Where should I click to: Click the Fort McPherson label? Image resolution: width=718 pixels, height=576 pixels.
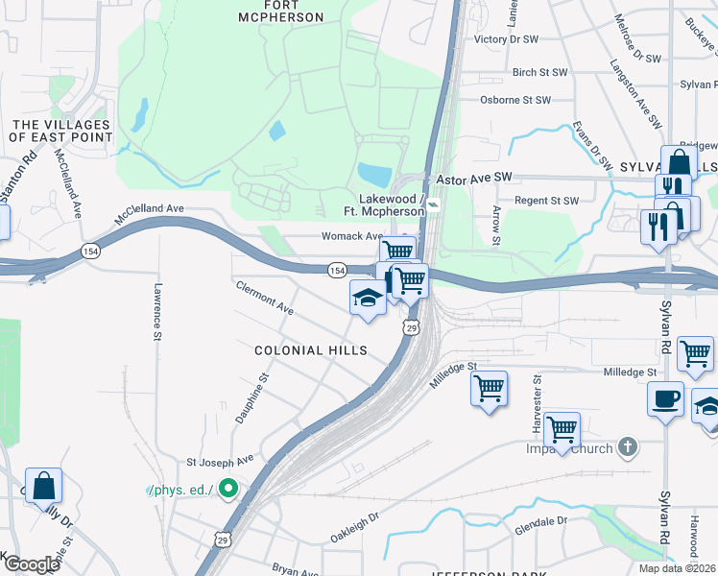tap(280, 11)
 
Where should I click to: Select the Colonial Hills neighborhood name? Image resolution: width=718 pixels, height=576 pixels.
tap(310, 350)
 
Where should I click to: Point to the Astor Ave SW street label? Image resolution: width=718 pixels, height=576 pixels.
tap(475, 179)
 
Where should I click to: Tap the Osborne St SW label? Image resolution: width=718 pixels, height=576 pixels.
tap(515, 100)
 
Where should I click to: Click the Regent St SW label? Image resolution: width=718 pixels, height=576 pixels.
tap(545, 201)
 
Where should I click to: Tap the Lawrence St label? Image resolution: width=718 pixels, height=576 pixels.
tap(156, 309)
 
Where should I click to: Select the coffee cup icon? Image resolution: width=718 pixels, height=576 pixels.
tap(666, 398)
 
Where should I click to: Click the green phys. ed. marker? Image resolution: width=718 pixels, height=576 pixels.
tap(227, 490)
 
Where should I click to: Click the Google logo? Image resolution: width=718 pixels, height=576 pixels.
tap(31, 564)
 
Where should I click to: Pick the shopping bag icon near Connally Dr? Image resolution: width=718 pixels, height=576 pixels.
tap(44, 486)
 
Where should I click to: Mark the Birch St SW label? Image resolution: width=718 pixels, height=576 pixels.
tap(539, 72)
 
